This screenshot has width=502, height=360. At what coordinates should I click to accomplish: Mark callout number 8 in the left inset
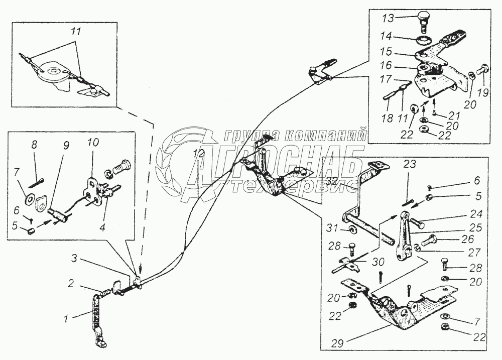[34, 145]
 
